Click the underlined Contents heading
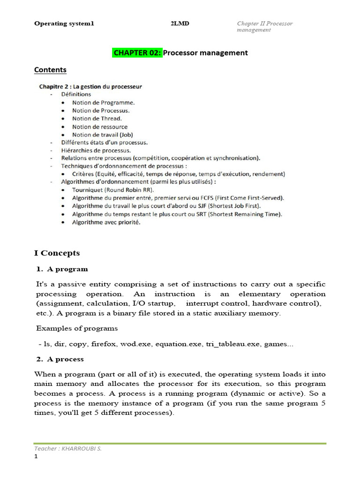point(50,70)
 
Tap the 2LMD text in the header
point(180,23)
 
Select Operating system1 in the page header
point(64,23)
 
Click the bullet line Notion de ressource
point(99,127)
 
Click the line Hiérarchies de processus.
point(96,150)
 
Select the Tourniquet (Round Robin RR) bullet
point(112,190)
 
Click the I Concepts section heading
point(57,253)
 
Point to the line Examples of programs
point(77,328)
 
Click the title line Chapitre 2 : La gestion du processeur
point(90,86)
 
